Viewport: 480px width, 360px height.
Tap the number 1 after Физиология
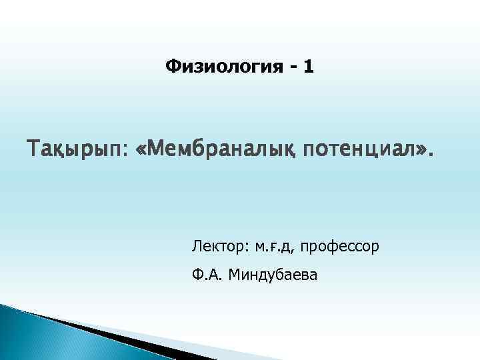click(x=307, y=67)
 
